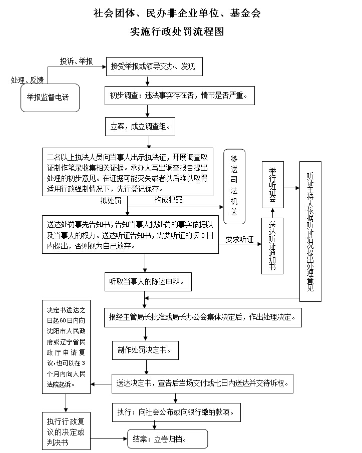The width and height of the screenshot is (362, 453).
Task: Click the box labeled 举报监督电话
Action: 50,97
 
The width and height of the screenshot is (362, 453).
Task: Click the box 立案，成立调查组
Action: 140,127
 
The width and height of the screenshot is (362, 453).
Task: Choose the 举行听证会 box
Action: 272,185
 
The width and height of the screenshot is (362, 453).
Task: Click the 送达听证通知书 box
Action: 272,246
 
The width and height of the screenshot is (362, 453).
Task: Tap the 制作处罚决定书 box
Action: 145,350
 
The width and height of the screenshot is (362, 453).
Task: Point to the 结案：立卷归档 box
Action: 168,438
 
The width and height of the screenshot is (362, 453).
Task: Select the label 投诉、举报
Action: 77,61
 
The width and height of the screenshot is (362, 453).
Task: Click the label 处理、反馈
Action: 28,80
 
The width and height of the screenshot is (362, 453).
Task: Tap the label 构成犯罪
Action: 168,200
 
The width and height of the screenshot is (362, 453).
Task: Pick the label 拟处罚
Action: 110,201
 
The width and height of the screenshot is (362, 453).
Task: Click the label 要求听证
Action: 239,239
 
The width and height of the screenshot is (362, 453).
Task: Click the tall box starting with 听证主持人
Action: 310,231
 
